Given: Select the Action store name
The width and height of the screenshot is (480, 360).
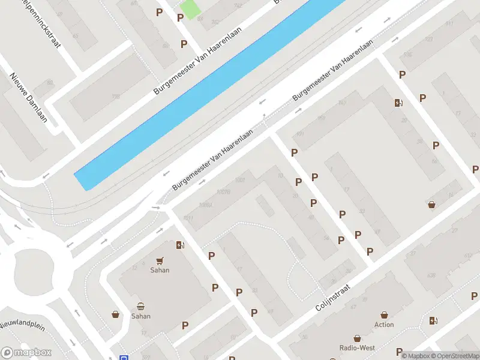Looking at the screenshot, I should point(384,325).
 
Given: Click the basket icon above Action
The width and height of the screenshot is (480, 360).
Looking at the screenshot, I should point(384,314).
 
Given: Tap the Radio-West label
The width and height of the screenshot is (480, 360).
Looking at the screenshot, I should point(357,348).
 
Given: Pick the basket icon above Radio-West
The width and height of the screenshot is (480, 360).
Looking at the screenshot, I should point(357,338).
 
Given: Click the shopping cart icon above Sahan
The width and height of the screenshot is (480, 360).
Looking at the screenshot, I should point(160,260).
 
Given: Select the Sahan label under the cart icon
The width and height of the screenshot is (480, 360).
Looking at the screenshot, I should point(160,270).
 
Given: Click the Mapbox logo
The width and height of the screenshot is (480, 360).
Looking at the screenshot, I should point(26,353).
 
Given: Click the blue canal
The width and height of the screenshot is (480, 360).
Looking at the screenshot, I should point(210,96).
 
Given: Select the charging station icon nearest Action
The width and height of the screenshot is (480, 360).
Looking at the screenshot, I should point(433,320).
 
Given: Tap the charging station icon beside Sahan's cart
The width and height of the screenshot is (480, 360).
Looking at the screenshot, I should point(179,245).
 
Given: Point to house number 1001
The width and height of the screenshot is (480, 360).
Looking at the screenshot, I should point(241,180).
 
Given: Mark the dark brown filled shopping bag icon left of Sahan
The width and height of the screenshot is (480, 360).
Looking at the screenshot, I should point(115,314).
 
